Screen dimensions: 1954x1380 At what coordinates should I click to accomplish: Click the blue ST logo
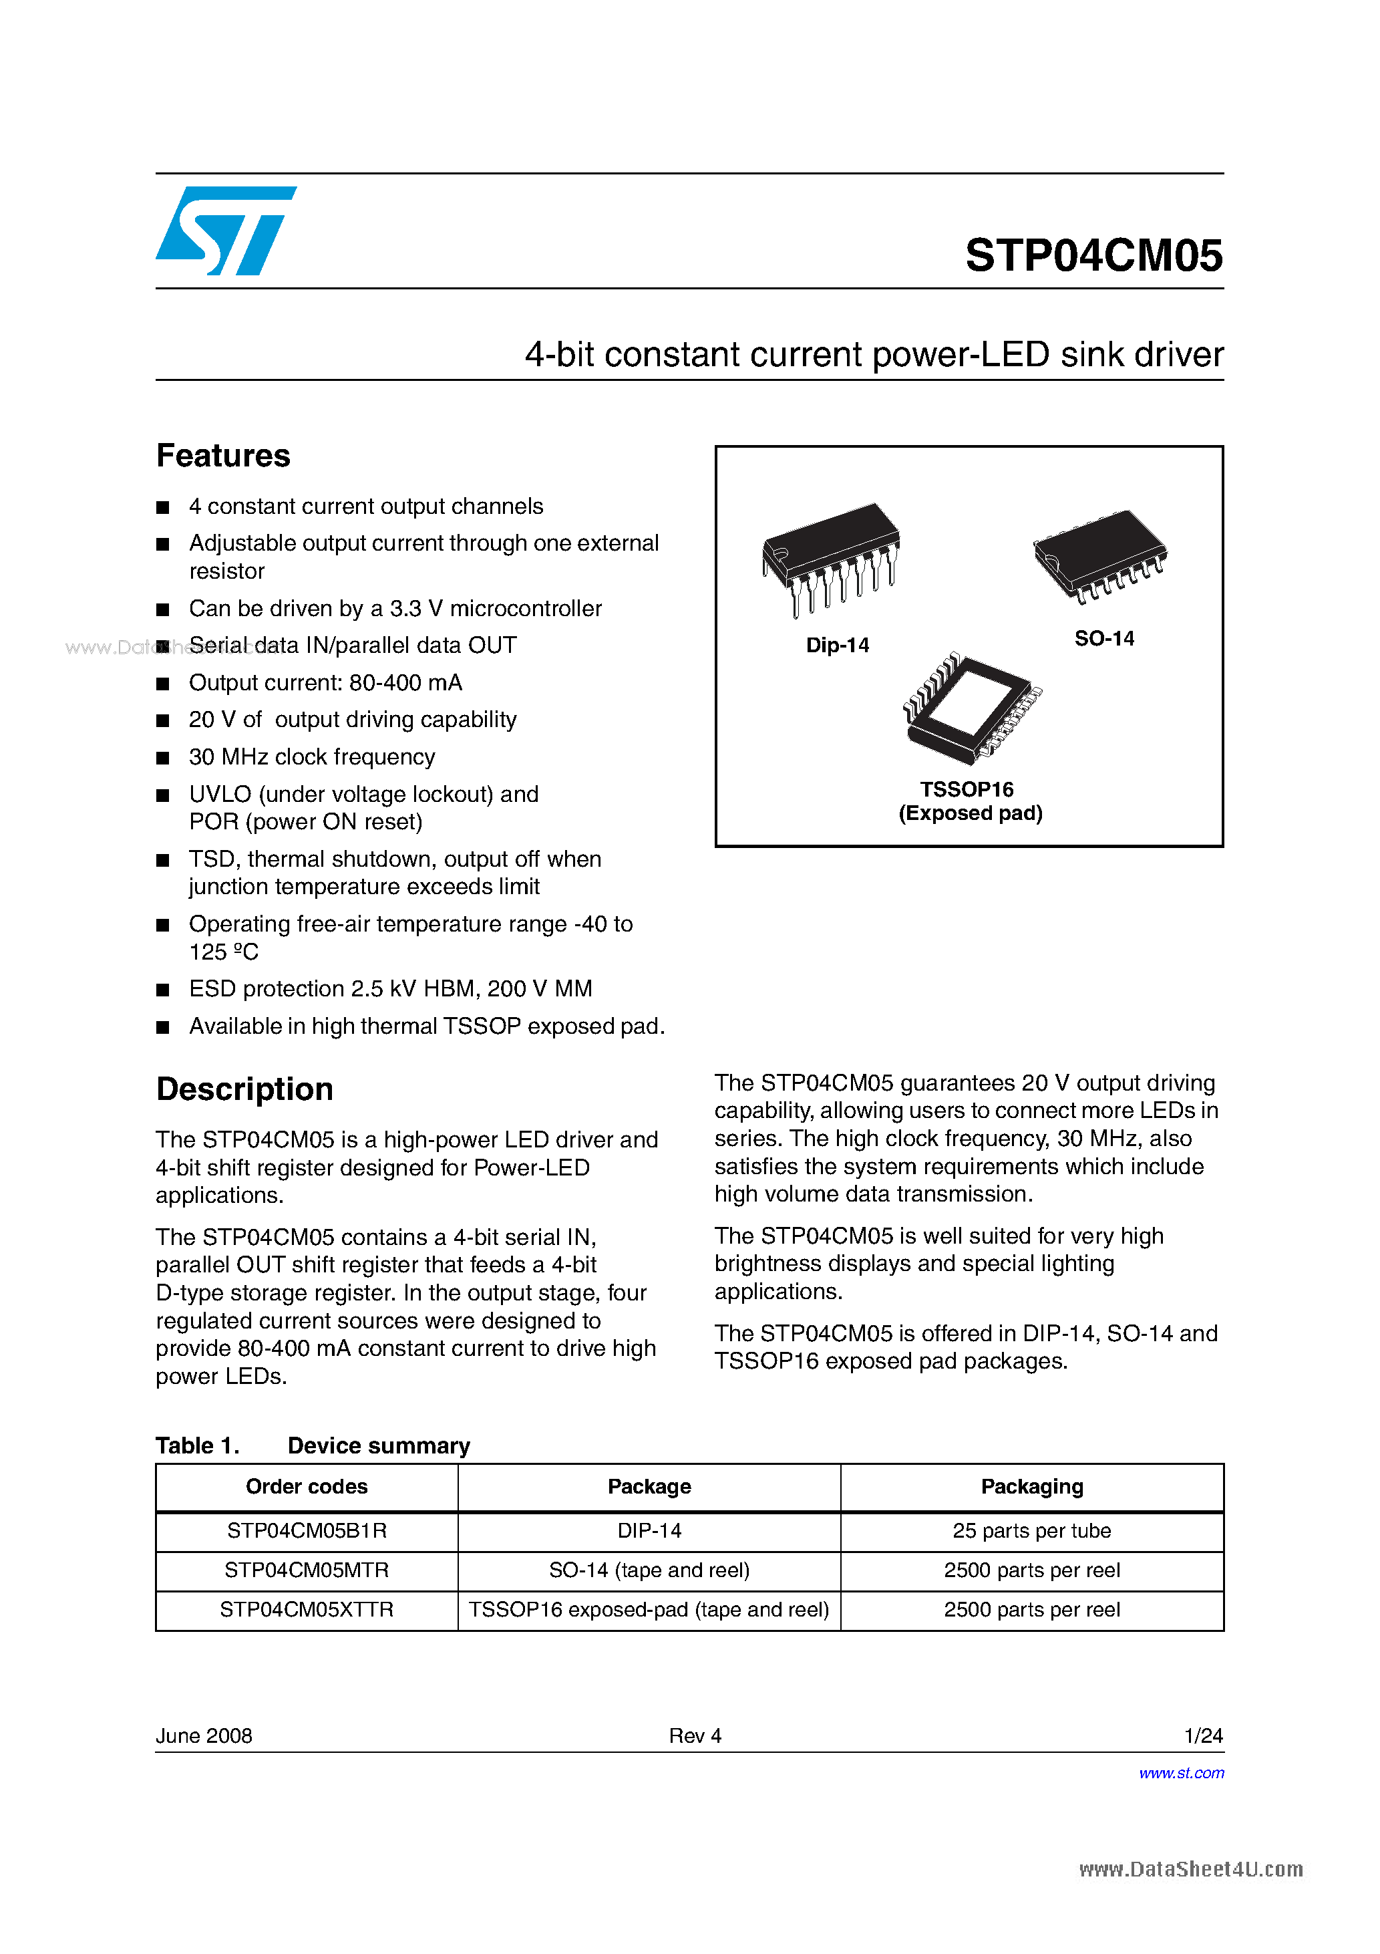[226, 231]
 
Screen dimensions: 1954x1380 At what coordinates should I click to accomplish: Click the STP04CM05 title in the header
[1093, 255]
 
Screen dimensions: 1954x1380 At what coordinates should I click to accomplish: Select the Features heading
[223, 456]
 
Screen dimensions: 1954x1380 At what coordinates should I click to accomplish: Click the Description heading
[244, 1089]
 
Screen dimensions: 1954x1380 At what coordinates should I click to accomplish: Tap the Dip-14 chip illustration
[831, 557]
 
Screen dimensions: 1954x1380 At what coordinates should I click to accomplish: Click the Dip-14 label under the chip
[837, 645]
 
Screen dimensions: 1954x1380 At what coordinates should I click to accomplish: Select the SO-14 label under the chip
[1103, 638]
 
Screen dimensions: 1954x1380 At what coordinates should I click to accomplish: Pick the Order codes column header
[307, 1487]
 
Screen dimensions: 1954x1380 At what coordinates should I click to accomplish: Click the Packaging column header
[1031, 1487]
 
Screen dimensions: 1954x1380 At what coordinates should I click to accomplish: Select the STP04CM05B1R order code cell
[307, 1531]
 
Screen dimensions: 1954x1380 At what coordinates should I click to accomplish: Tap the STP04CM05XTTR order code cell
[307, 1610]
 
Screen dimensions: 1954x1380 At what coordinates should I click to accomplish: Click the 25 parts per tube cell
[1031, 1531]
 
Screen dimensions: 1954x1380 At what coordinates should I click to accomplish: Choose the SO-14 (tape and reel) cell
[649, 1570]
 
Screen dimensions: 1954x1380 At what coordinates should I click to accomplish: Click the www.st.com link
[1181, 1773]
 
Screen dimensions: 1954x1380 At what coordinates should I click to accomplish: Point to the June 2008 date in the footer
[204, 1736]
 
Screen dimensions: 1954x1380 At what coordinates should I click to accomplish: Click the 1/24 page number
[1203, 1736]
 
